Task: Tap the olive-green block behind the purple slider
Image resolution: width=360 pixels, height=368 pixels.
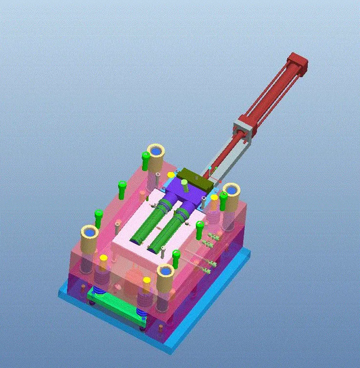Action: point(195,178)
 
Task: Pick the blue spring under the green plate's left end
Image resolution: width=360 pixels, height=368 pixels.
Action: point(98,292)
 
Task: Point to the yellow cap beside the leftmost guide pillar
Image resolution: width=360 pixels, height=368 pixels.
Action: point(104,258)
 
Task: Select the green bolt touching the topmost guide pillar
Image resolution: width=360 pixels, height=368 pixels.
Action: point(145,160)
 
